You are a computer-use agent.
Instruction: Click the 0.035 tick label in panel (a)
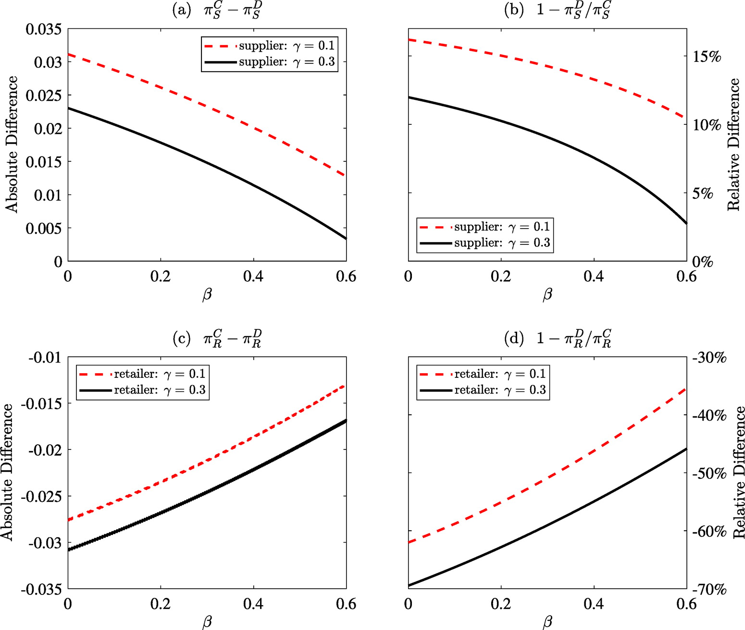pyautogui.click(x=43, y=29)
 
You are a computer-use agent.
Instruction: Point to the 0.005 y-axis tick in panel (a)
pyautogui.click(x=43, y=228)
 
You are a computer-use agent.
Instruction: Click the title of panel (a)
pyautogui.click(x=216, y=11)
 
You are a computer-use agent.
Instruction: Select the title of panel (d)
pyautogui.click(x=558, y=339)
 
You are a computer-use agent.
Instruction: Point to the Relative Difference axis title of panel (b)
pyautogui.click(x=734, y=145)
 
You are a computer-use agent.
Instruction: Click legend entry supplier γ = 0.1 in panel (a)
pyautogui.click(x=269, y=46)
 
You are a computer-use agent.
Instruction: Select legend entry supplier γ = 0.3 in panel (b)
pyautogui.click(x=485, y=243)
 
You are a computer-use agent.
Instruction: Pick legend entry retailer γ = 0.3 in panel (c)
pyautogui.click(x=142, y=390)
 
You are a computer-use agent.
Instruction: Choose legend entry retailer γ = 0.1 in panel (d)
pyautogui.click(x=483, y=374)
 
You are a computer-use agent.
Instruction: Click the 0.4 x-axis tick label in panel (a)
pyautogui.click(x=253, y=277)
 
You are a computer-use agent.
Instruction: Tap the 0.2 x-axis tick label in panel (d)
pyautogui.click(x=501, y=605)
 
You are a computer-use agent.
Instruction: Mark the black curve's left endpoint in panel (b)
pyautogui.click(x=409, y=97)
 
